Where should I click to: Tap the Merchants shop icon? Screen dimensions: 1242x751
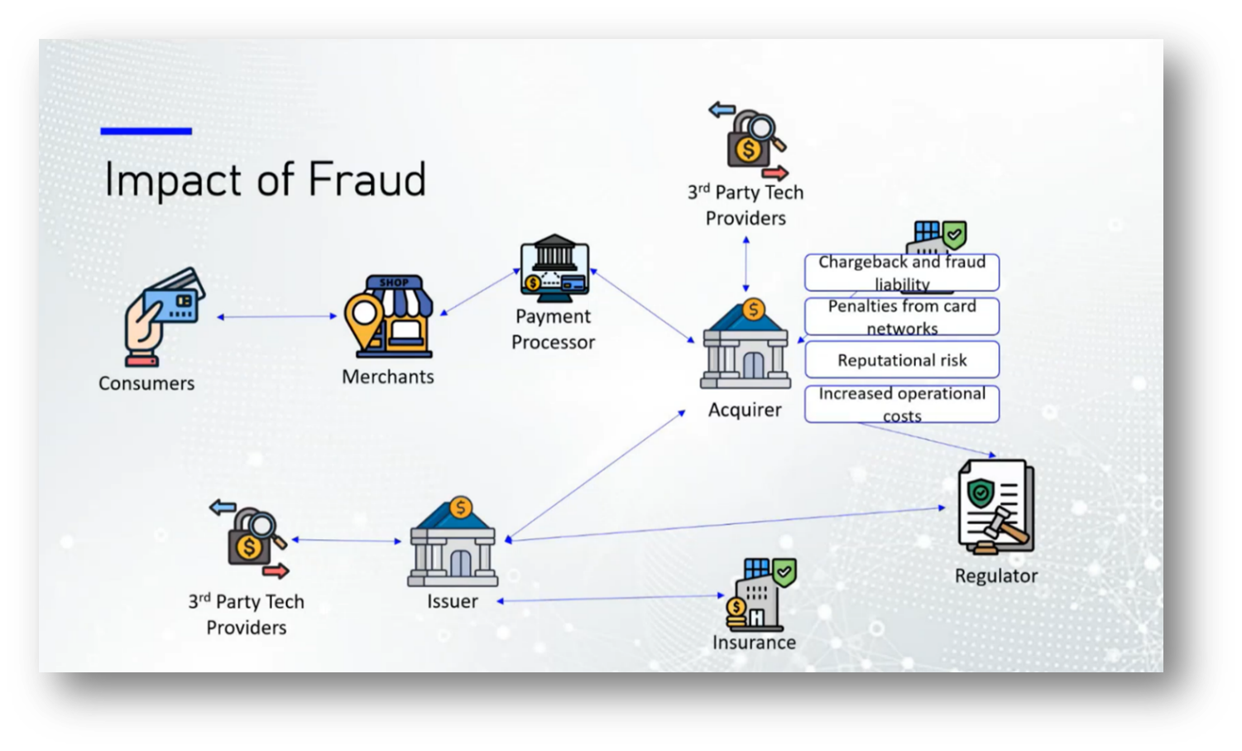(390, 316)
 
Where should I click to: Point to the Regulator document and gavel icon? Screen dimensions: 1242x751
(995, 507)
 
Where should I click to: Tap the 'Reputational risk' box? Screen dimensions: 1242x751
(902, 360)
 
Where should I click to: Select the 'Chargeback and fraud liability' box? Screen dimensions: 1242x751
(902, 272)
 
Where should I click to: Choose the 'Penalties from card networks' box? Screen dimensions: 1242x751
(902, 316)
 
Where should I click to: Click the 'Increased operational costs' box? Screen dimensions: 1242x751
(902, 404)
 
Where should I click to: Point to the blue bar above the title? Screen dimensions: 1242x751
(146, 131)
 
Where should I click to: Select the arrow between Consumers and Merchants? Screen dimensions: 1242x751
(276, 316)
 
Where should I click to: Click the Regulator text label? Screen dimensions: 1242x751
(995, 576)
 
